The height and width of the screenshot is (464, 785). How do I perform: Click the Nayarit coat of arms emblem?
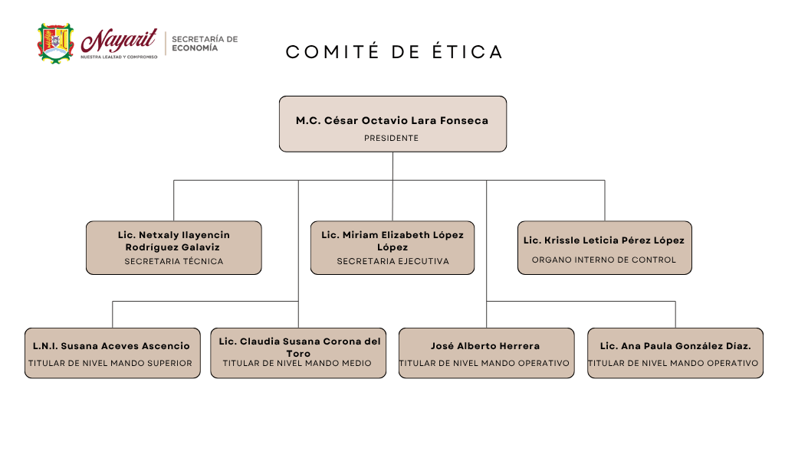point(55,43)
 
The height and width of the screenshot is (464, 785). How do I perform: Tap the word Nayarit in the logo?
point(119,41)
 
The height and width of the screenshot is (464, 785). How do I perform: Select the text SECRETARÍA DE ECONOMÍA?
point(205,44)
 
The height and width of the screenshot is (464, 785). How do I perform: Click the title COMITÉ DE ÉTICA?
point(394,52)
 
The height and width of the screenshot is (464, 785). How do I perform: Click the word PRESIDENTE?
point(392,138)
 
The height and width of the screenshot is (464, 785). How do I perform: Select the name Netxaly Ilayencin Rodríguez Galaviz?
point(174,241)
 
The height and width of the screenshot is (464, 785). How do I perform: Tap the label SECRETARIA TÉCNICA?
point(174,261)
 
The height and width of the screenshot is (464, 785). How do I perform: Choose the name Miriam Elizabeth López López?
point(392,241)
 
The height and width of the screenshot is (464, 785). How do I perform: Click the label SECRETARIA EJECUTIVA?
point(393,261)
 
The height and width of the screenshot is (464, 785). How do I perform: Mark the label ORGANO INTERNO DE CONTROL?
point(604,260)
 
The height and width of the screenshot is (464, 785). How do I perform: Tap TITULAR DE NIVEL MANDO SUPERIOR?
point(110,364)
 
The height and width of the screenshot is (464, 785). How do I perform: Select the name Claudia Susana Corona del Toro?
point(300,347)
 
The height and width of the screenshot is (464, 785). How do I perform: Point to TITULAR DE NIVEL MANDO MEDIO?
point(297,364)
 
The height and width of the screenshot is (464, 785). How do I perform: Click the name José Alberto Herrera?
point(485,346)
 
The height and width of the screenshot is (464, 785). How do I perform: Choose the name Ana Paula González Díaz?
point(675,346)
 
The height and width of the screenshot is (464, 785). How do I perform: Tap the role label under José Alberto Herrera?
point(484,364)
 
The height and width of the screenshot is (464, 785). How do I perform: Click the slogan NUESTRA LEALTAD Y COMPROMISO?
point(119,57)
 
